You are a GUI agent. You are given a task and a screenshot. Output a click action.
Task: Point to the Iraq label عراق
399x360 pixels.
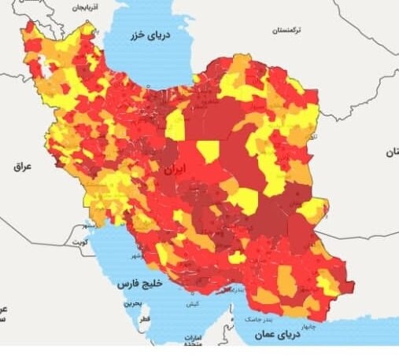(20, 167)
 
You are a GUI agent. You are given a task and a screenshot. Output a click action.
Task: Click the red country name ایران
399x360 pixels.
(172, 169)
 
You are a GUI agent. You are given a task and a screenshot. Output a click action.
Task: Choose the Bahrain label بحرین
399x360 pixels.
(135, 302)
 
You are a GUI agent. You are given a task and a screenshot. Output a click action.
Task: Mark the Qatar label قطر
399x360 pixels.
(144, 321)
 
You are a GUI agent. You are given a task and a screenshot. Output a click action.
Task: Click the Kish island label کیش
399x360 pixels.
(192, 303)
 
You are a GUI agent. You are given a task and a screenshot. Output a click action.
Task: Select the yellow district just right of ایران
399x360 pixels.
(209, 151)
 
